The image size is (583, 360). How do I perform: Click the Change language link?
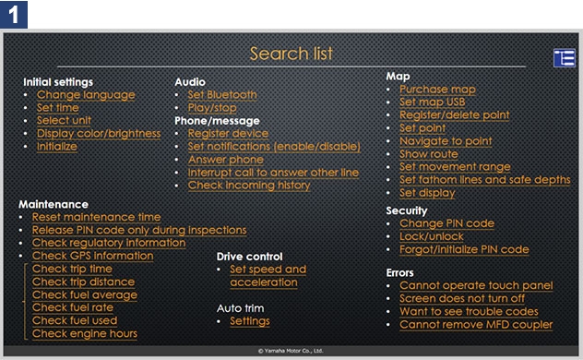(x=86, y=95)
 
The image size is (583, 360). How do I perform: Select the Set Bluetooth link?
(x=222, y=94)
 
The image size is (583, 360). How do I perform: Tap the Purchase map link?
(x=437, y=90)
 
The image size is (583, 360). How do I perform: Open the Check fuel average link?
(x=85, y=294)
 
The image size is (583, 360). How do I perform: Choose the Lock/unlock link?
(x=432, y=236)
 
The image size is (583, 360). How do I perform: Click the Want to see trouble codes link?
(x=469, y=311)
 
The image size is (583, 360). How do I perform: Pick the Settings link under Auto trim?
(x=250, y=321)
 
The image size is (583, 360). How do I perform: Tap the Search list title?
(x=291, y=54)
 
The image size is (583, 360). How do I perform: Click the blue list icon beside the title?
(x=564, y=58)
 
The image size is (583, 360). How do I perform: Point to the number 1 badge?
(x=14, y=15)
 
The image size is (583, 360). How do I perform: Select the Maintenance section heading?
(x=54, y=204)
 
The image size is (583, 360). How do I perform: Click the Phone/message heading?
(x=217, y=121)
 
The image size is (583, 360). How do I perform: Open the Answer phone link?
(x=226, y=160)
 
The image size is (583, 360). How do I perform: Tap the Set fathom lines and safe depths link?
(x=485, y=180)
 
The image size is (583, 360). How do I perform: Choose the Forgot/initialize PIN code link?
(x=464, y=249)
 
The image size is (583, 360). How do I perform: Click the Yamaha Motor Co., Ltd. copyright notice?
(x=291, y=351)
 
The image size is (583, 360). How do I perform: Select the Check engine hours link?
(x=85, y=333)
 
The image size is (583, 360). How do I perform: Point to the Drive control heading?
(x=249, y=257)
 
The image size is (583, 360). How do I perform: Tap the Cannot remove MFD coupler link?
(x=476, y=325)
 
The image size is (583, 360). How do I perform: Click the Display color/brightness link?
(x=99, y=134)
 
